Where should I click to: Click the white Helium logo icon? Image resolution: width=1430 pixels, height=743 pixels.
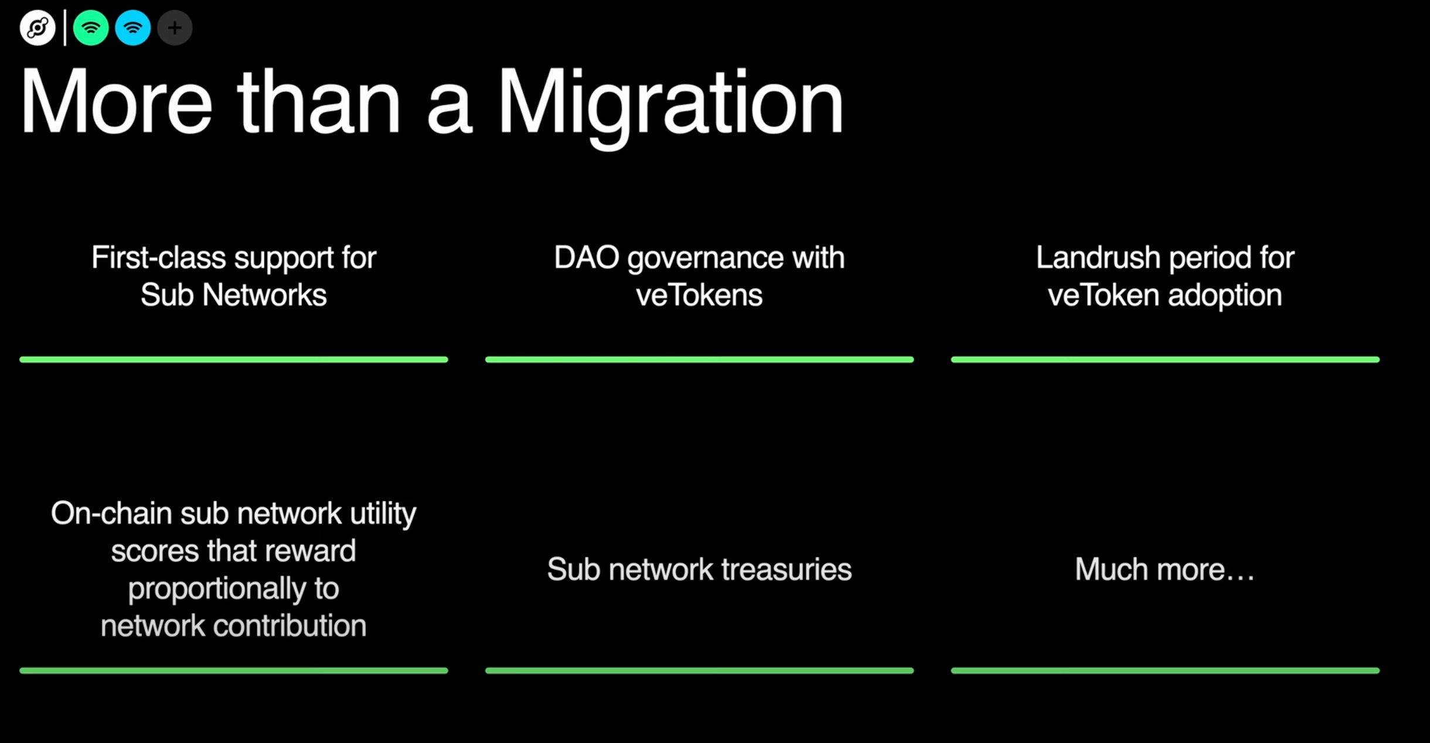tap(38, 28)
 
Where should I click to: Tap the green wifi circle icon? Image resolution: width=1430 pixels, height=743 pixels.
tap(91, 28)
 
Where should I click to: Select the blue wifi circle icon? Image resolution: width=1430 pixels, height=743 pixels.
tap(133, 28)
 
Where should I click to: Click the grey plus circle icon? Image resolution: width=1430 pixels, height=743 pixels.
tap(175, 28)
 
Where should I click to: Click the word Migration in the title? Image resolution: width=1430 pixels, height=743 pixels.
tap(670, 103)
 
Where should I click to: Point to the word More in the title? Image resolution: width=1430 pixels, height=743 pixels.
tap(116, 103)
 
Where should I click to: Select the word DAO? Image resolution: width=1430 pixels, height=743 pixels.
tap(586, 258)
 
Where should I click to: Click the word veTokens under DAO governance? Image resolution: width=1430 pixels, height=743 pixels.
tap(699, 295)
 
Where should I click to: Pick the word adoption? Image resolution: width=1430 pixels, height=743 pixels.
tap(1225, 295)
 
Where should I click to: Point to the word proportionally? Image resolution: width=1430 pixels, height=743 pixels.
tap(217, 589)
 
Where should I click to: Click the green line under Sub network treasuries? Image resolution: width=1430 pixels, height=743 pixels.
tap(699, 670)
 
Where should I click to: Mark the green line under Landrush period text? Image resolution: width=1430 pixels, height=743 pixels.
tap(1165, 359)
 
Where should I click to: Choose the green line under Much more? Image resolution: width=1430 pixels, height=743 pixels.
tap(1165, 670)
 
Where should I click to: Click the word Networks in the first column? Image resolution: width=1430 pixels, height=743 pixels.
tap(264, 295)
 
